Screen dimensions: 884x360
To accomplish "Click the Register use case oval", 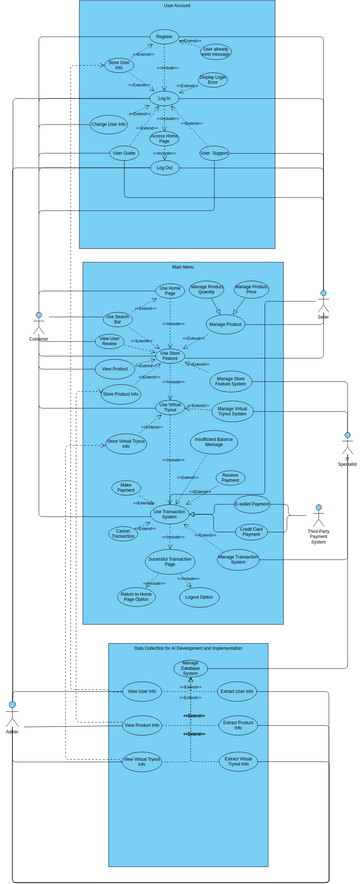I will click(x=164, y=37).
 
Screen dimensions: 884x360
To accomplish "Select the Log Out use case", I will click(x=164, y=168).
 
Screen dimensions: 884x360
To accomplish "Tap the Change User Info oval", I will click(x=109, y=125).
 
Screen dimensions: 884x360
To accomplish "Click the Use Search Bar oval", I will click(x=117, y=320).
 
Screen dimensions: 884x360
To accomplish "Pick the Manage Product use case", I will click(x=225, y=324).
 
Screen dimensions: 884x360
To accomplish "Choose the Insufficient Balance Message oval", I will click(x=214, y=442).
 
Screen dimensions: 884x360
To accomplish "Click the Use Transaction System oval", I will click(x=170, y=513).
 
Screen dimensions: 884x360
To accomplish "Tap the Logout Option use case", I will click(x=199, y=597).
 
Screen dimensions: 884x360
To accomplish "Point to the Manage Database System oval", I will click(x=190, y=667).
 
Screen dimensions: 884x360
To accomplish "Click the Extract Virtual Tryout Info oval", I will click(x=238, y=762).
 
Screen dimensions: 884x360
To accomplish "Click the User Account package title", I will click(x=177, y=6).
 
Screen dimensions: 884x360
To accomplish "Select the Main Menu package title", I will click(x=183, y=268).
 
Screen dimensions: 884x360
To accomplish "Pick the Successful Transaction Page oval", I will click(x=170, y=562).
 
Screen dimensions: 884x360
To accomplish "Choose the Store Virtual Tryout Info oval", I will click(x=126, y=444).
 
